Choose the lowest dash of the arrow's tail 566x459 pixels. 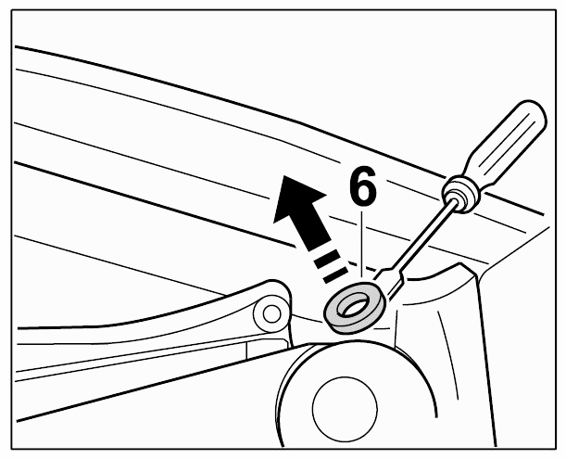click(x=335, y=274)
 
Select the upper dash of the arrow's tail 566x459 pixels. click(x=327, y=259)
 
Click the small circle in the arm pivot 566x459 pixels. click(x=271, y=313)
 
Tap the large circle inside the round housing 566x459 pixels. click(x=345, y=408)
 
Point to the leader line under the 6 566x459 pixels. click(x=361, y=244)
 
